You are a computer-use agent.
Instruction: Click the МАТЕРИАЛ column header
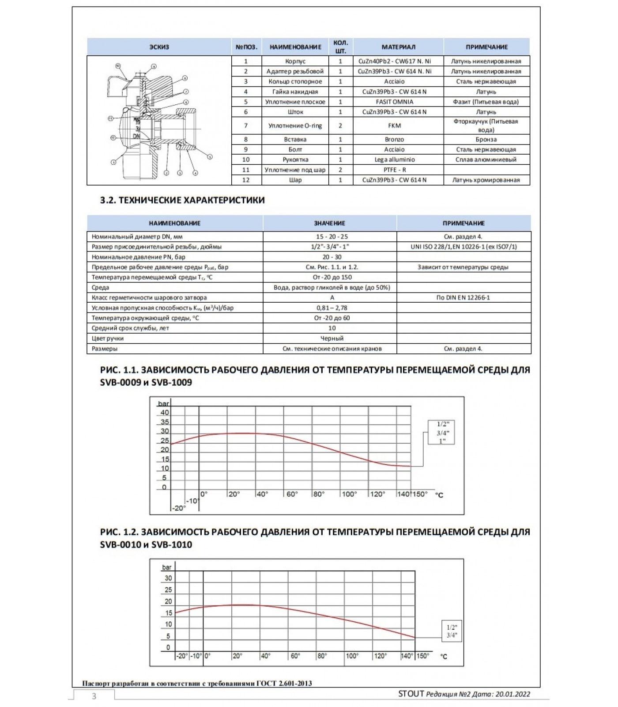[x=398, y=47]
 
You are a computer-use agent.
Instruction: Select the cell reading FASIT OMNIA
[x=394, y=102]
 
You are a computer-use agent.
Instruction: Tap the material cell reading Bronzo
[x=394, y=139]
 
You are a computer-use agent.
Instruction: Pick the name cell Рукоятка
[x=295, y=160]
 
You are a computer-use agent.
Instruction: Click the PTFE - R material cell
[x=394, y=170]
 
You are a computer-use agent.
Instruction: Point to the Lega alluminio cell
[x=394, y=160]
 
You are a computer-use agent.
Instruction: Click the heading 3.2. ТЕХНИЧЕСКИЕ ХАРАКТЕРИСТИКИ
[x=182, y=200]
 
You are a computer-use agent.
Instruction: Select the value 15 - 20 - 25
[x=332, y=236]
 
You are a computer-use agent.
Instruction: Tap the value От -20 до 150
[x=332, y=277]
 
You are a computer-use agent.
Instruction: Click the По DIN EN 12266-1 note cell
[x=463, y=297]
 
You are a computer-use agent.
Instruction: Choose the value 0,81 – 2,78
[x=332, y=308]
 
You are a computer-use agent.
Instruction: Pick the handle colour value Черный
[x=332, y=338]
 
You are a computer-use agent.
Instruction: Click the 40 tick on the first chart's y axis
[x=165, y=413]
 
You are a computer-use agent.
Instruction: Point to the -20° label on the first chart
[x=179, y=508]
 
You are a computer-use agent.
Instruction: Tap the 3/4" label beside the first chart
[x=443, y=433]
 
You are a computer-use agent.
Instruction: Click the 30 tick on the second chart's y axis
[x=168, y=578]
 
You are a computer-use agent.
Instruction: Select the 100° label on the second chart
[x=352, y=656]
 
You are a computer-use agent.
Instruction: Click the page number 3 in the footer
[x=94, y=696]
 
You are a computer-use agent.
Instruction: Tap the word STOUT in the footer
[x=411, y=693]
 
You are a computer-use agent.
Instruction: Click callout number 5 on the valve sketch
[x=210, y=156]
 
